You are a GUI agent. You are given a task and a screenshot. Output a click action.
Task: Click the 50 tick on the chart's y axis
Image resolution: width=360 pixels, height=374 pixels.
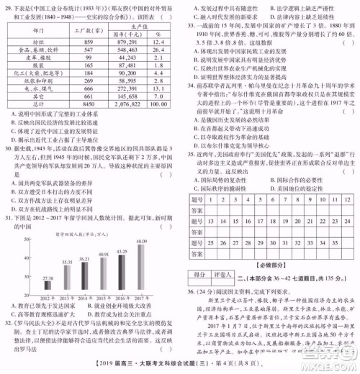(x=31, y=240)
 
